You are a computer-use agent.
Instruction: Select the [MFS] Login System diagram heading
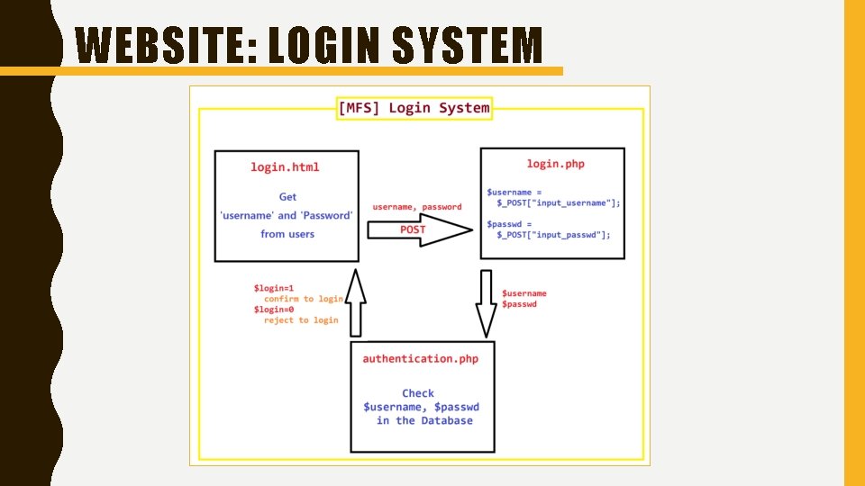click(414, 108)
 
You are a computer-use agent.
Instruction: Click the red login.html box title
click(285, 166)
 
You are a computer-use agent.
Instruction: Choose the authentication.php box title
click(421, 358)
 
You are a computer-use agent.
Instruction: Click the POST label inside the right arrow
click(413, 229)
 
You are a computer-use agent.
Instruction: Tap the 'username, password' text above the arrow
click(417, 207)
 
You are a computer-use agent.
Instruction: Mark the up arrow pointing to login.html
click(357, 297)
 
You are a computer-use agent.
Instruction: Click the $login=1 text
click(274, 288)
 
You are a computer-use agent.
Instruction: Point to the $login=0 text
click(274, 310)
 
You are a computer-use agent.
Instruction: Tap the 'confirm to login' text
click(304, 299)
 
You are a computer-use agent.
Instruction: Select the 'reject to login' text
click(301, 320)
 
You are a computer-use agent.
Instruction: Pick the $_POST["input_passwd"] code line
click(554, 235)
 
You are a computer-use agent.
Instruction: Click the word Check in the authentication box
click(418, 393)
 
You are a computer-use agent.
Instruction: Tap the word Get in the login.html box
click(287, 196)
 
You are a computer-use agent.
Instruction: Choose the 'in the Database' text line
click(424, 420)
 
